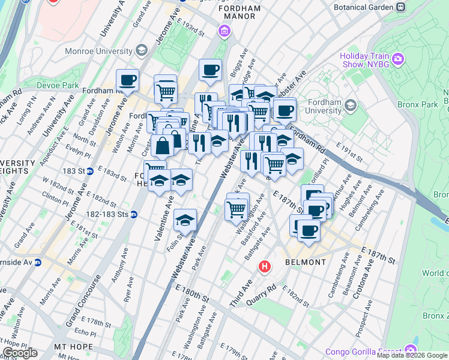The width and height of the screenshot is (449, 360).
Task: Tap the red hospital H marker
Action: tap(264, 266)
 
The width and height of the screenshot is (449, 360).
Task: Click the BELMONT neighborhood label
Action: tap(306, 262)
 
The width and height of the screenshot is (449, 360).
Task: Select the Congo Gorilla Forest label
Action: tap(365, 351)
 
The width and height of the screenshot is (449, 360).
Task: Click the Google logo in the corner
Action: tap(20, 353)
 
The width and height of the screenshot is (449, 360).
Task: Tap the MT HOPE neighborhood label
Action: tap(73, 347)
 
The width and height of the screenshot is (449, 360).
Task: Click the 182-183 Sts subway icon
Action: tap(134, 214)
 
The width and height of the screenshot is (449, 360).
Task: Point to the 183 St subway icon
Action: tap(89, 171)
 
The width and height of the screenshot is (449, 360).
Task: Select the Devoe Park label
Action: tap(58, 86)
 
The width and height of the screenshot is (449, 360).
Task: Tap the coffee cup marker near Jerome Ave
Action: tap(127, 80)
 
